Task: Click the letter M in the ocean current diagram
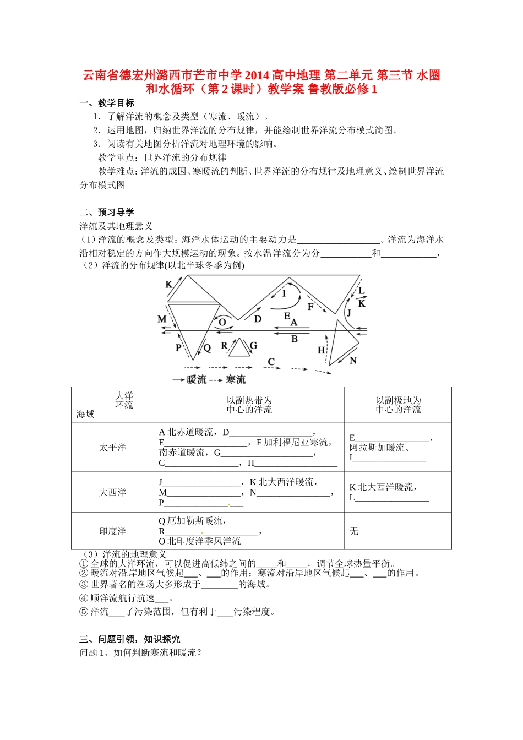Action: [162, 319]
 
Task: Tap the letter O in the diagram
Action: [222, 323]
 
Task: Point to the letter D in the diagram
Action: [258, 319]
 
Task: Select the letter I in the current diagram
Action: [284, 293]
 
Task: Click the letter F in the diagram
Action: [310, 307]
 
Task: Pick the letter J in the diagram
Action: [348, 313]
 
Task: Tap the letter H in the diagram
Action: [322, 350]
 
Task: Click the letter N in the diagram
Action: [353, 361]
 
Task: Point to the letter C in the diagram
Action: [271, 362]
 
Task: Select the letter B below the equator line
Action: [295, 339]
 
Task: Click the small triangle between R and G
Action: [239, 349]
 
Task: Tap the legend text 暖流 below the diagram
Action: [197, 379]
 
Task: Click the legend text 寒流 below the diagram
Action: [236, 379]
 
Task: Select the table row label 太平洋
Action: [112, 448]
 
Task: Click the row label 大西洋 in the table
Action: [112, 492]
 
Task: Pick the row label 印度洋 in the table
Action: [112, 531]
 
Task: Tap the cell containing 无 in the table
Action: [354, 531]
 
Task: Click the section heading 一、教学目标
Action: [107, 103]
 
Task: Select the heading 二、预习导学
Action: [107, 213]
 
